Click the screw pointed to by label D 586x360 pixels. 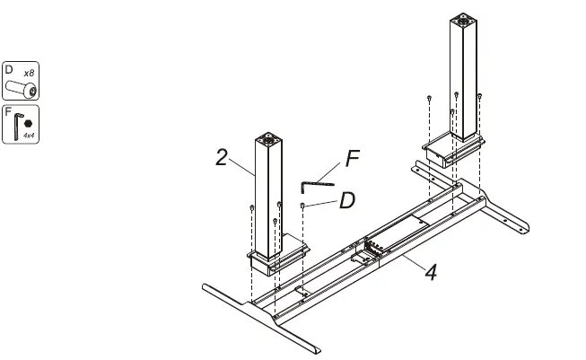click(304, 206)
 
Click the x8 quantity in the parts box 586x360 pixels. click(29, 71)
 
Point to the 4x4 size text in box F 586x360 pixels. click(29, 136)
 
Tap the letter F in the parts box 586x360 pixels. click(8, 112)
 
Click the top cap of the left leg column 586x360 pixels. click(267, 139)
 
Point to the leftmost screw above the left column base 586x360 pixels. click(249, 207)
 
